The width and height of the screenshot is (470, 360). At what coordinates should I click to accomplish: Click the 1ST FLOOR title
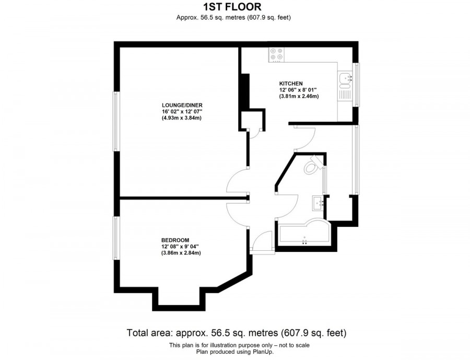coord(232,7)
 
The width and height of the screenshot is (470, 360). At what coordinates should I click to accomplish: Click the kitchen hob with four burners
coord(276,54)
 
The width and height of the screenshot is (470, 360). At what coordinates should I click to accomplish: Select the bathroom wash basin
coord(318,202)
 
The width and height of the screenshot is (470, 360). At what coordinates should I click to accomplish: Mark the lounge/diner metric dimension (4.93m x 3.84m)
coord(181,118)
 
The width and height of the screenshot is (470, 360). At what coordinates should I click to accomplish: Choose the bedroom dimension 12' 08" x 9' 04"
coord(181,247)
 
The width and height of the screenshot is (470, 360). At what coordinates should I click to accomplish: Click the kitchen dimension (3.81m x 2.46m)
coord(299,97)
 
